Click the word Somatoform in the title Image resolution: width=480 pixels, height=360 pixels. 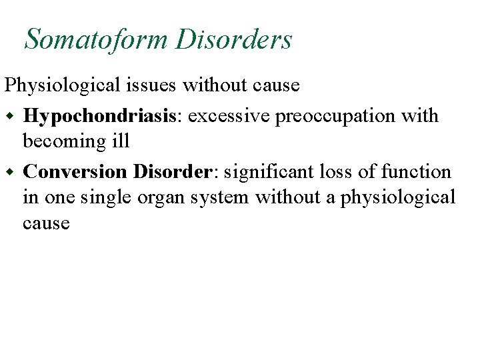(96, 39)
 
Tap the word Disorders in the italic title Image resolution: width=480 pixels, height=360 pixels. (234, 39)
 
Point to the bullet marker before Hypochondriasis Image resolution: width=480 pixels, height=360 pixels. (10, 115)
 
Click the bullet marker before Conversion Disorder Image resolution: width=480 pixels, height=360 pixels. (10, 171)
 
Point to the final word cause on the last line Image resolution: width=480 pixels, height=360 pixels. (46, 223)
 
